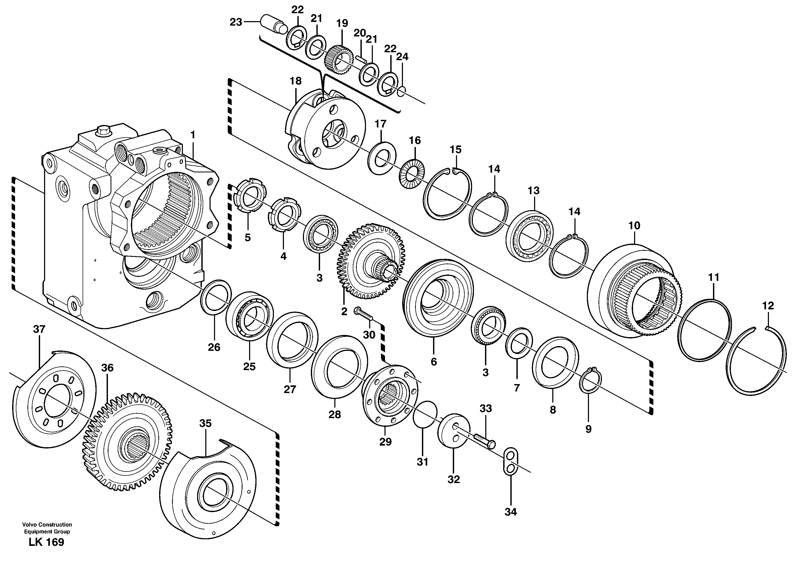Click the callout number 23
pos(236,22)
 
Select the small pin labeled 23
pos(272,23)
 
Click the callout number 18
pos(295,81)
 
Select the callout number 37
pos(39,329)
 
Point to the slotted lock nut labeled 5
pos(250,199)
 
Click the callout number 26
pos(214,347)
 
